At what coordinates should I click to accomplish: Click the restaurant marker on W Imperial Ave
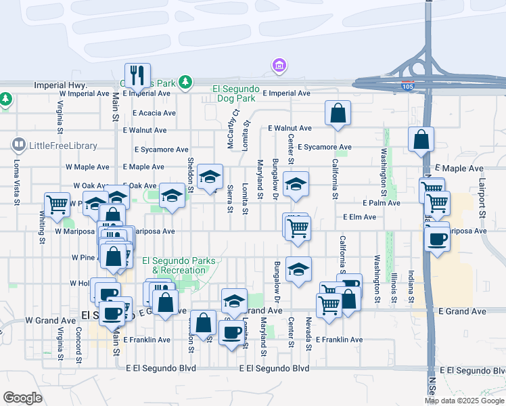(137, 76)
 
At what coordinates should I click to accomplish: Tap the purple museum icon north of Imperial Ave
(278, 66)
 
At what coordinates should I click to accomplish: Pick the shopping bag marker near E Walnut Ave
(338, 113)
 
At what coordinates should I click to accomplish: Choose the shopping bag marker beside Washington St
(421, 139)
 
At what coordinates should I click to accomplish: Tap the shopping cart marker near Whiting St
(57, 204)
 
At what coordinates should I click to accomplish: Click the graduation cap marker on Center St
(296, 184)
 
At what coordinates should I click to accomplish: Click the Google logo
(22, 397)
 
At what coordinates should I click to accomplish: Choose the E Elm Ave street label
(359, 217)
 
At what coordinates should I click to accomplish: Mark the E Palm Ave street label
(381, 202)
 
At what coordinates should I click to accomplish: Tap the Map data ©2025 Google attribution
(464, 401)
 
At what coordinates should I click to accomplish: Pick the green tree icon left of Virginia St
(6, 99)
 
